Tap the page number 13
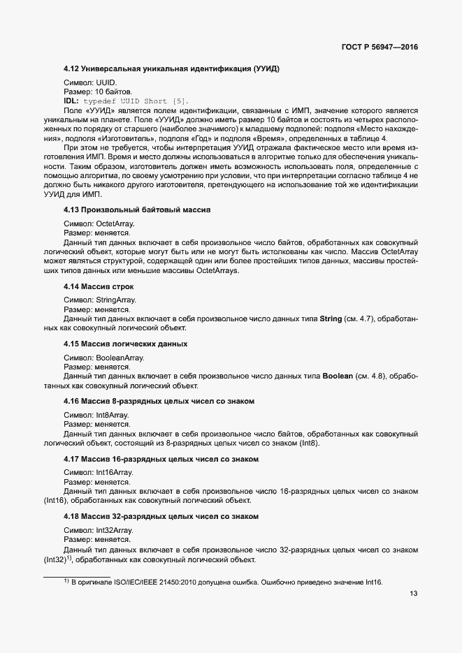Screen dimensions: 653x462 (x=413, y=594)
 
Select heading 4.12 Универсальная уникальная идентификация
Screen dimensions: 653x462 (x=171, y=69)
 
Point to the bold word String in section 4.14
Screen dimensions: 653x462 (x=331, y=318)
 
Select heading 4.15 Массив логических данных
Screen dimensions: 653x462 (x=125, y=344)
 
